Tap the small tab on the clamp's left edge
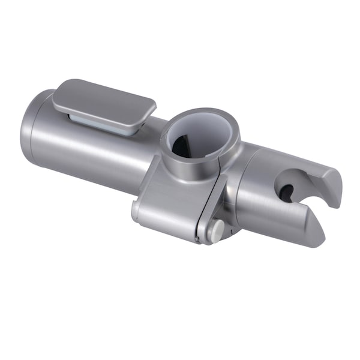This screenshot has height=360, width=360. [x=136, y=210]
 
